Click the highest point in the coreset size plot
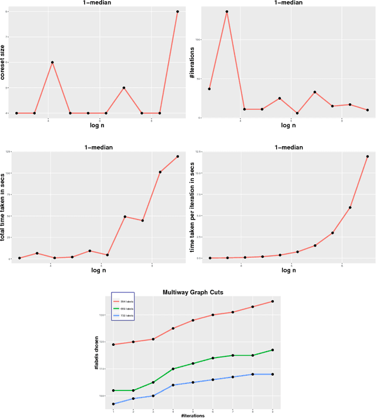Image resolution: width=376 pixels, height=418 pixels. point(177,12)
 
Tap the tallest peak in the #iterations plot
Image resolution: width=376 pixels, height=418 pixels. point(227,12)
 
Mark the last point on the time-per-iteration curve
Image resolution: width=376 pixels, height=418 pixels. point(367,157)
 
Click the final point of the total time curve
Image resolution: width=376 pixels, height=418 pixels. point(177,156)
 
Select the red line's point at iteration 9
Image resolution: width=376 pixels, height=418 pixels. point(272,302)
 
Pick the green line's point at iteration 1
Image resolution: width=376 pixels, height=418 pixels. point(113,390)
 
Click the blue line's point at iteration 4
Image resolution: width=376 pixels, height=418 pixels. point(173,385)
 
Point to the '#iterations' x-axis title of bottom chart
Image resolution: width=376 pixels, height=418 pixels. point(192,415)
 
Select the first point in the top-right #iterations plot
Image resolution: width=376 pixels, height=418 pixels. point(209,89)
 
